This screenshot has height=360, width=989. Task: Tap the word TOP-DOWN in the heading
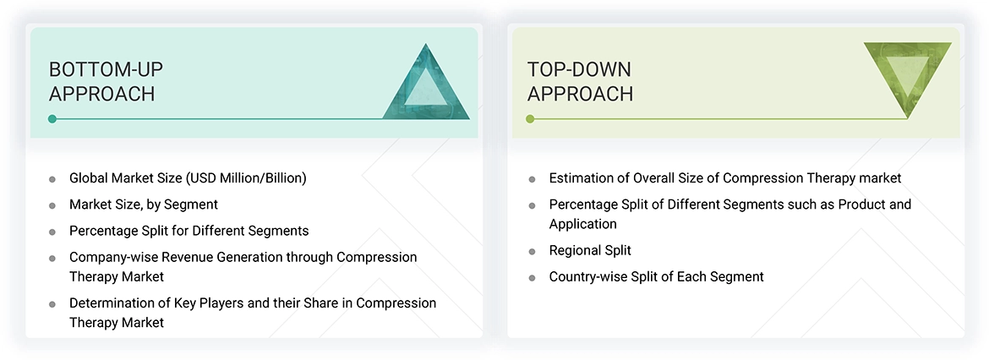579,68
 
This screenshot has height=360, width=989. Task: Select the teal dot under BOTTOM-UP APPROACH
52,119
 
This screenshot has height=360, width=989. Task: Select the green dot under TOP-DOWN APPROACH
530,119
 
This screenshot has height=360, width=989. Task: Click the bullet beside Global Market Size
52,179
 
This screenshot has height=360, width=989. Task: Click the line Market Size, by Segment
144,205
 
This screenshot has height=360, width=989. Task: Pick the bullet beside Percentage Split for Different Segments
52,232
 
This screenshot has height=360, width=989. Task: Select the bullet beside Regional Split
532,251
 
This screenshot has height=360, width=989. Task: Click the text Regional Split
590,250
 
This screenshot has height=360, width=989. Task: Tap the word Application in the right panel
583,224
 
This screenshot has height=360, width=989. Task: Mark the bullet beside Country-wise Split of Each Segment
532,277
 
